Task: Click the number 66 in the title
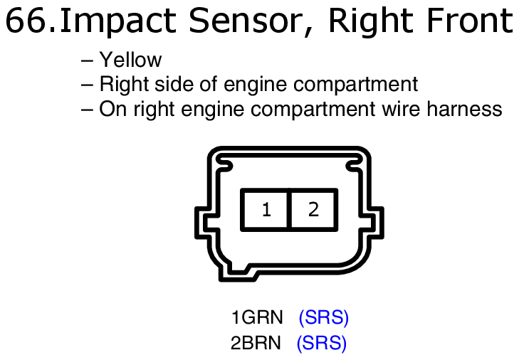coord(26,21)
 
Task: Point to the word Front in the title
coord(471,21)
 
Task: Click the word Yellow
coord(131,60)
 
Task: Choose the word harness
coord(464,109)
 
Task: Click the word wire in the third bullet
coord(402,109)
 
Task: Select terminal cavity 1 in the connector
coord(266,210)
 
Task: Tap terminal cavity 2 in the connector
coord(313,210)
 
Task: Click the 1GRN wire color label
coord(257,317)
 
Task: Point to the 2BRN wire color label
coord(256,342)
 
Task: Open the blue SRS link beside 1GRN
coord(323,317)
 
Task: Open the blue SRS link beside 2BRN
coord(321,342)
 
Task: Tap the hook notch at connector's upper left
coord(224,164)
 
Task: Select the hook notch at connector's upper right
coord(354,164)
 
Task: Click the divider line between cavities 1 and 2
coord(289,210)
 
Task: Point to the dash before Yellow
coord(87,61)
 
